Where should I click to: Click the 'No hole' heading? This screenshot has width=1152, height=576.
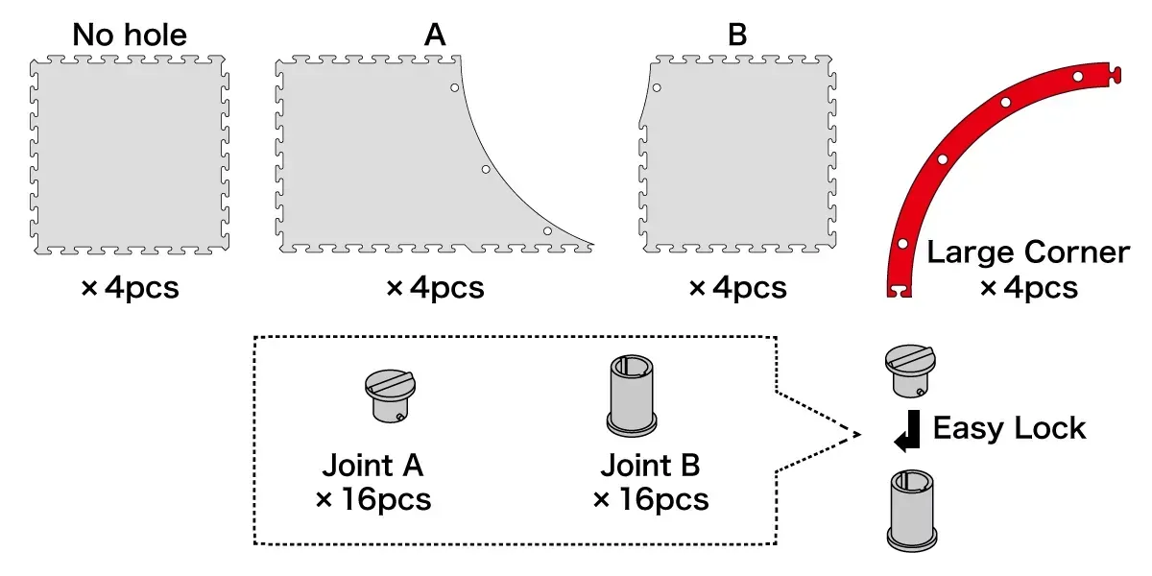point(130,35)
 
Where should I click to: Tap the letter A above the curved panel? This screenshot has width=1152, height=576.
point(435,35)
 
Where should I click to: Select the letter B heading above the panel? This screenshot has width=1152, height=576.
point(737,35)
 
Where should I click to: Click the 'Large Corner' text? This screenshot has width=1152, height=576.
point(1028,252)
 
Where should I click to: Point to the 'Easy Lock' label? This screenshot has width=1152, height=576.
point(1009,428)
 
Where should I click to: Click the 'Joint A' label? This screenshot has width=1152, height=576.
point(372,465)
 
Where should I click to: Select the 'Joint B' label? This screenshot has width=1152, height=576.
point(651,465)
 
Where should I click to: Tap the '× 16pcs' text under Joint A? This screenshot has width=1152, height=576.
point(373,499)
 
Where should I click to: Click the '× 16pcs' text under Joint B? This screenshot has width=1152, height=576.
point(651,499)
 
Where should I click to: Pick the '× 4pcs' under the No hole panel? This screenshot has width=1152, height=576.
point(131,287)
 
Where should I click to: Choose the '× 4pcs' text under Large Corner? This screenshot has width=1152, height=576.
point(1028,287)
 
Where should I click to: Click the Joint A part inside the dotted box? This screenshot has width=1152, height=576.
point(391,396)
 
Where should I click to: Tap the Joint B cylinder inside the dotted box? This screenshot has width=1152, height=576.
point(632,395)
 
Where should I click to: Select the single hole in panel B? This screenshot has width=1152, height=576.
point(657,88)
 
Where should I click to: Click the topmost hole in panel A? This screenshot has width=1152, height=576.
point(455,88)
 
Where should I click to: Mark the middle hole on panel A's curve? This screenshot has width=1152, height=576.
point(486,169)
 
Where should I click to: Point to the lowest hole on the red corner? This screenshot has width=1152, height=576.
point(902,244)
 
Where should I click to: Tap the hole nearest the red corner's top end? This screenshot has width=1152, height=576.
point(1078,77)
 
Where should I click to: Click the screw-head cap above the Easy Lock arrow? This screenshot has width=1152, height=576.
point(910,371)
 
